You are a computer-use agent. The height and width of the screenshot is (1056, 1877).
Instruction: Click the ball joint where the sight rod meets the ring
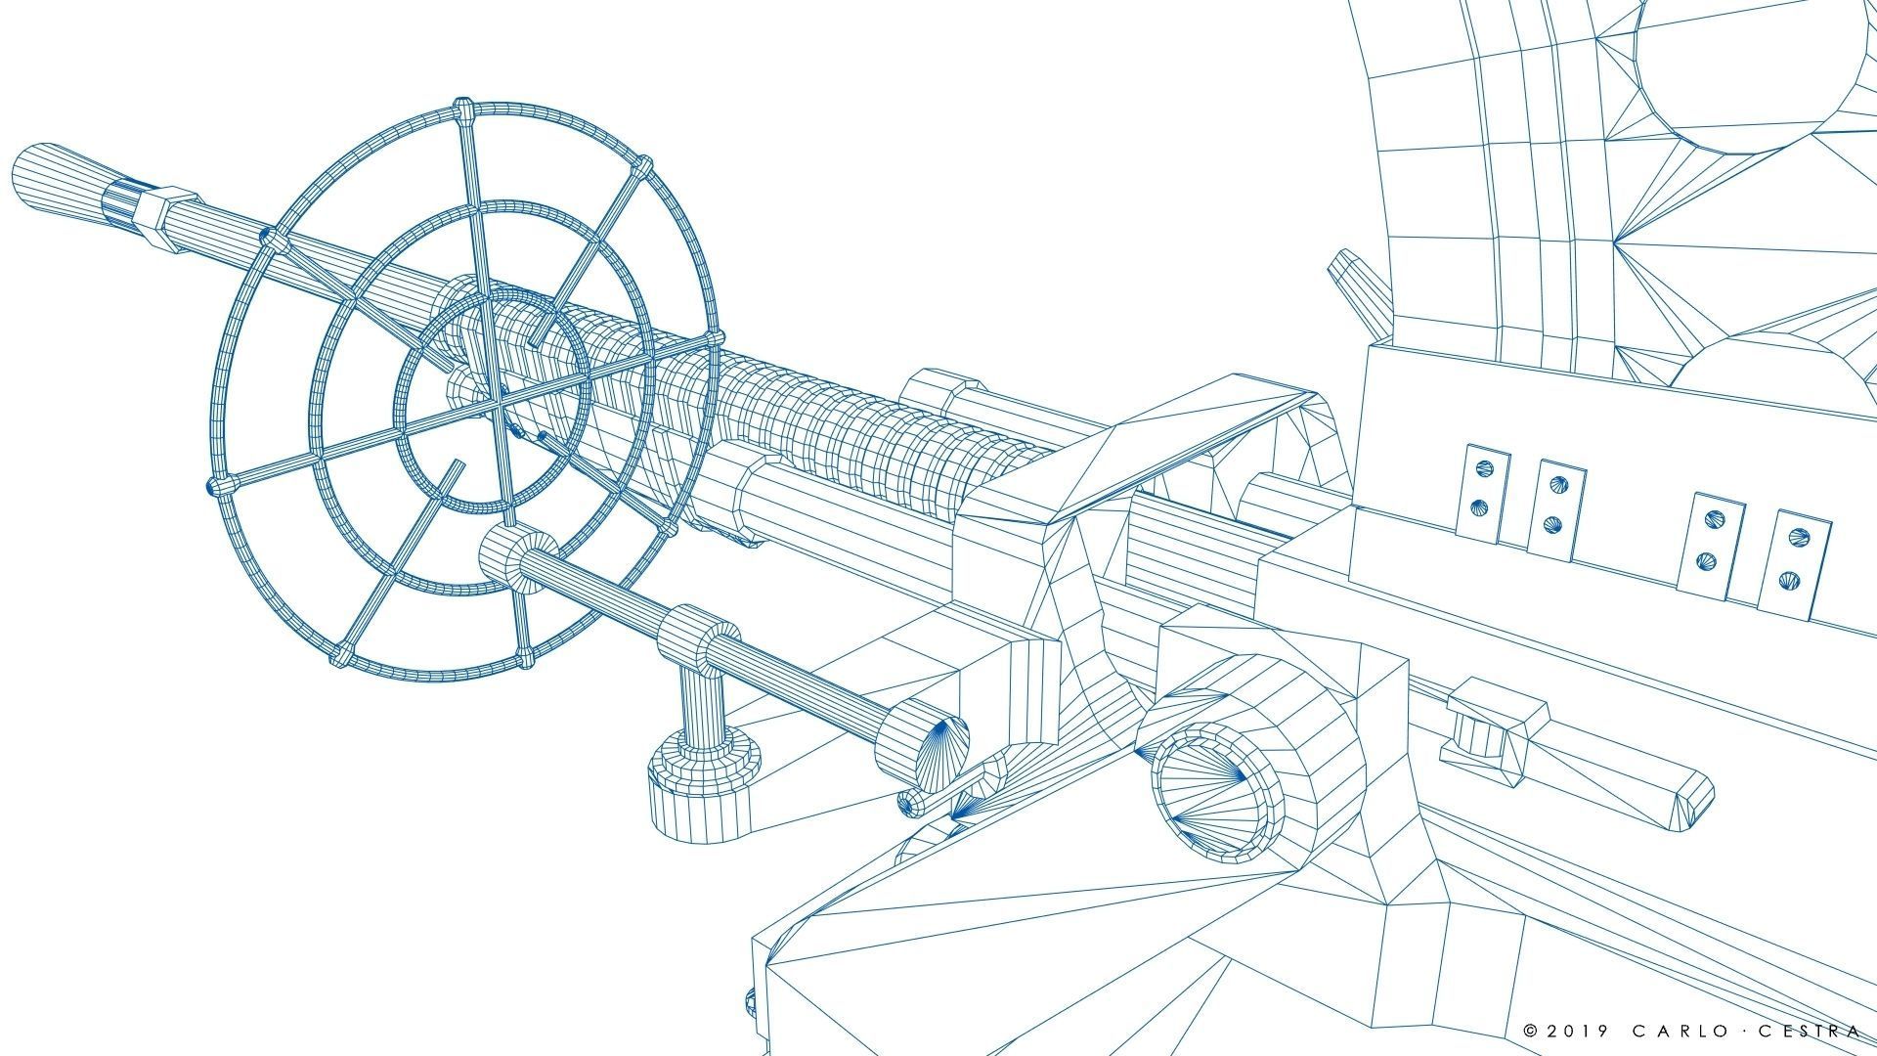pos(518,557)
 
